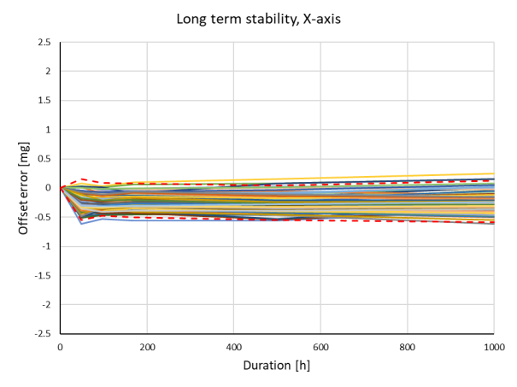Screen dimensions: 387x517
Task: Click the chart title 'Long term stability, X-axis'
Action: point(258,17)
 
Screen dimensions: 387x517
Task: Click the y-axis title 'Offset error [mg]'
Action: point(26,187)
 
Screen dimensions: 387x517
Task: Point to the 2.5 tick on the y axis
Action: point(44,42)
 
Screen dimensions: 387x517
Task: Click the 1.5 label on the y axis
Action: point(44,100)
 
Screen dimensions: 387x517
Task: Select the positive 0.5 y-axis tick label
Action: point(44,158)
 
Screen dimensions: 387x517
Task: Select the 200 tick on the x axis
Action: point(147,348)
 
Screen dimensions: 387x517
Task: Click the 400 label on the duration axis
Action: point(234,348)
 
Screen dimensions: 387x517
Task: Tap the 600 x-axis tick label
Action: point(320,348)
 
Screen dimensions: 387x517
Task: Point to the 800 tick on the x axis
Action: point(408,348)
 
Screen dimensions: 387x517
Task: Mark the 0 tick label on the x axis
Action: point(61,348)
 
